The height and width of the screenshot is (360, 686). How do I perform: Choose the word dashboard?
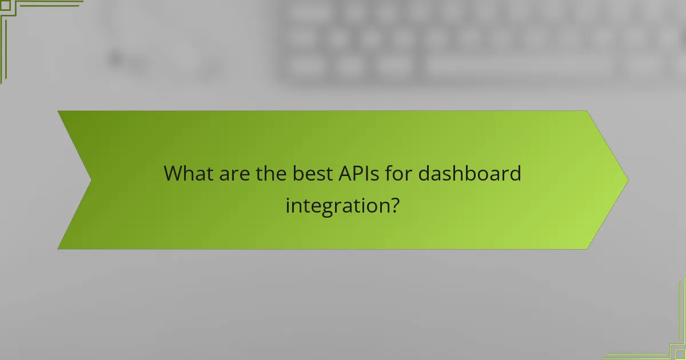(469, 173)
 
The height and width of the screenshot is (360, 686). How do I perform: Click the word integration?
(334, 205)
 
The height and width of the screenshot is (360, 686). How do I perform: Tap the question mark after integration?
(393, 205)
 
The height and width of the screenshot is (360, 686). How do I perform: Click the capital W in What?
(173, 173)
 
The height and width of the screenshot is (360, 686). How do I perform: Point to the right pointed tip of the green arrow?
(628, 180)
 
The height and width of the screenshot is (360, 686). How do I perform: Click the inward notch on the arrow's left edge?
(91, 180)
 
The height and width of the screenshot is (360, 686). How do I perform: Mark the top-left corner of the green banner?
(58, 111)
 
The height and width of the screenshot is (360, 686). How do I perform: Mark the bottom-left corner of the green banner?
(58, 249)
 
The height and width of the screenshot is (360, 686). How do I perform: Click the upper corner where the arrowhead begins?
(587, 111)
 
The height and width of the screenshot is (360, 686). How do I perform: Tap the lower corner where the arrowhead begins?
(587, 249)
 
